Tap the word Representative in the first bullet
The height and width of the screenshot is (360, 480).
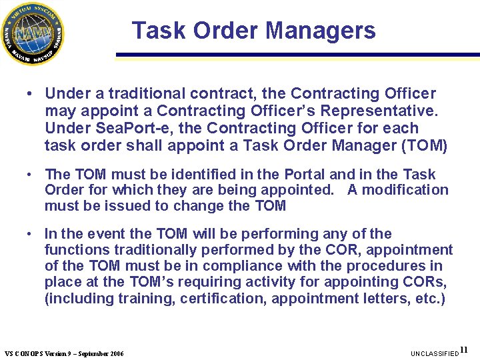pos(377,111)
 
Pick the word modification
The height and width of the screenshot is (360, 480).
pos(407,190)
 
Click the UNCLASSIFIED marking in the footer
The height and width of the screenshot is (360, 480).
pos(435,353)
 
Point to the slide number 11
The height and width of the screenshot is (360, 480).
pos(465,350)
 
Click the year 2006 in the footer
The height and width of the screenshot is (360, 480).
pos(115,353)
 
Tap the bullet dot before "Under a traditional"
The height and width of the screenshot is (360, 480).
pos(31,94)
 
